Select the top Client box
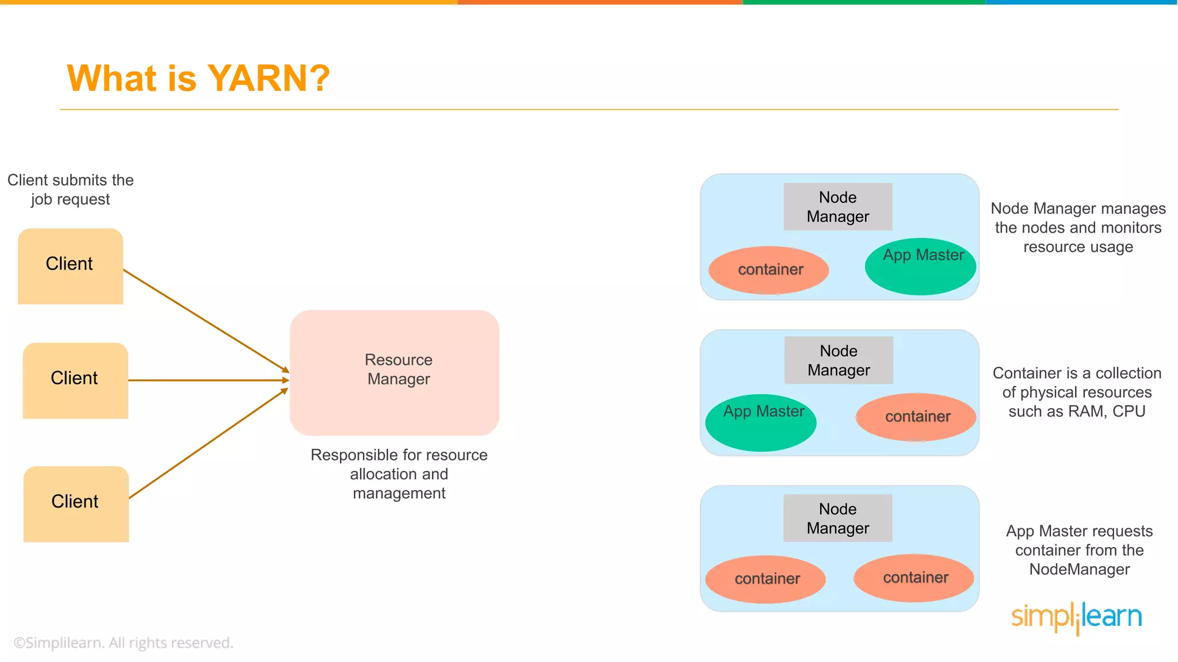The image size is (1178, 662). pos(70,265)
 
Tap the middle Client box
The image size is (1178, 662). pos(75,380)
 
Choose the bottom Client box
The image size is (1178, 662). pos(75,503)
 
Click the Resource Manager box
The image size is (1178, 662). pos(395,372)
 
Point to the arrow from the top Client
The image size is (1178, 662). pos(205,320)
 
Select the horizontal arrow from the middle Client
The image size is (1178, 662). pos(207,380)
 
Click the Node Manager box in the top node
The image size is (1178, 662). pos(837,207)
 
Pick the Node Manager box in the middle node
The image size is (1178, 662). pos(839,360)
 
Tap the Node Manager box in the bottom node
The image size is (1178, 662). pos(837,518)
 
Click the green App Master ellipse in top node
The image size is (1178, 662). pos(920,267)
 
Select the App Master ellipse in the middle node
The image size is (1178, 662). pos(760,422)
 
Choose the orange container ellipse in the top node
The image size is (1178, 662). pos(769,270)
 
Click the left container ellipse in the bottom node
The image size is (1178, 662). pos(766,579)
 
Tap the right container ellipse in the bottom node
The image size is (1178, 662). pos(914,578)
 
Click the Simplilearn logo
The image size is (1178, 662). pos(1076,617)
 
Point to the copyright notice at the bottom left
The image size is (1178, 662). pos(124,643)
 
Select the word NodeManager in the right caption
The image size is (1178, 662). pos(1079,569)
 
